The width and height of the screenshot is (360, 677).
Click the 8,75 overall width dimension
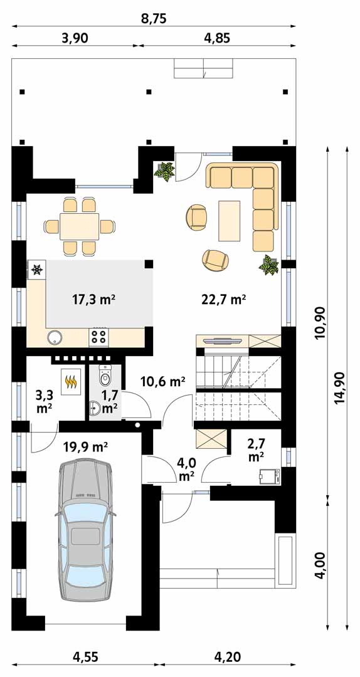click(154, 18)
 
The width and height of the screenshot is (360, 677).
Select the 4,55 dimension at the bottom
click(85, 657)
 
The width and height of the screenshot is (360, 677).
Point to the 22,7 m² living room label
click(223, 299)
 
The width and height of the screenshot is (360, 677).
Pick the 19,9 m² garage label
click(85, 446)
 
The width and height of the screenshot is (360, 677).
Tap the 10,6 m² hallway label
click(163, 381)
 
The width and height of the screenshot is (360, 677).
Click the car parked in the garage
click(85, 530)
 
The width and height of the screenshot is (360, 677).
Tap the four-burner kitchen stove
click(99, 337)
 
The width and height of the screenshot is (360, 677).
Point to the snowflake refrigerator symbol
click(38, 270)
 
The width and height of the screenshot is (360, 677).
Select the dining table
click(80, 226)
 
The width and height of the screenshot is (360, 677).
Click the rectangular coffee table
click(230, 221)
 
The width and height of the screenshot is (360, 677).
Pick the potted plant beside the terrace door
click(165, 171)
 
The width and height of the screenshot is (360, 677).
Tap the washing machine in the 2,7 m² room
click(268, 476)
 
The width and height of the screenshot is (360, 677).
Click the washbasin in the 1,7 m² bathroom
click(95, 407)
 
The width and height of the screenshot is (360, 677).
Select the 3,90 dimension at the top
click(75, 38)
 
